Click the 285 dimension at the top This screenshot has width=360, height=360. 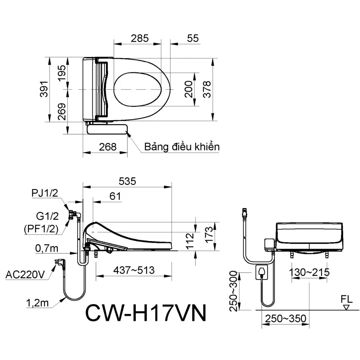coord(139,38)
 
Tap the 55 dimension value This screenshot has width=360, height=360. coord(193,38)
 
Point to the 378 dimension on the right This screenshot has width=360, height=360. coord(207,90)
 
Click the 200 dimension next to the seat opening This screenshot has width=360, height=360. coord(189,90)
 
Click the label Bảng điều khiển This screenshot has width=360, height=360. coord(182,147)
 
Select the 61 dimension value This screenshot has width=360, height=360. coord(115,197)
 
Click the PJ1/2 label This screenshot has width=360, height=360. coord(45,193)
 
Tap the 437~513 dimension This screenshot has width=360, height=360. coord(134,270)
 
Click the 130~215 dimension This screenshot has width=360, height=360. coord(309,272)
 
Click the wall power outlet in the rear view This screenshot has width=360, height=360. coord(262,271)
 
